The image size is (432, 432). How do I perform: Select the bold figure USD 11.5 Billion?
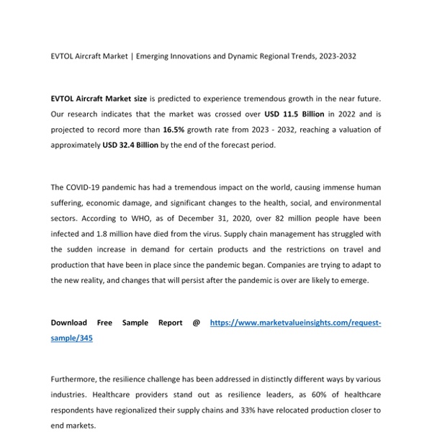294,114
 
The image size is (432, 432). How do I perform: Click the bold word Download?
69,323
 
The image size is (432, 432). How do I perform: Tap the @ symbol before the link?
196,323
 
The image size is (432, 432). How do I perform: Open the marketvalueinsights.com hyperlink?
295,323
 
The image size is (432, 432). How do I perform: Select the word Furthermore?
78,379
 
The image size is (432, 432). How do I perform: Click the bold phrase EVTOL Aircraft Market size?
99,99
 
